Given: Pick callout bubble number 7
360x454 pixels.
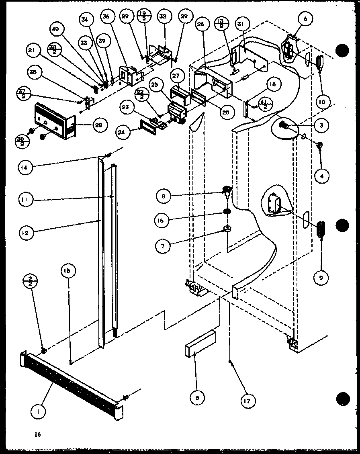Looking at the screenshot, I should coord(163,245).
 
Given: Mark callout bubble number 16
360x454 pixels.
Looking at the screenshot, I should coord(163,220).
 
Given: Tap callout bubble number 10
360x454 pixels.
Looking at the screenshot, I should coord(321,102).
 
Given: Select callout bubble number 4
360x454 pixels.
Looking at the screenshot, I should coord(322,175).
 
